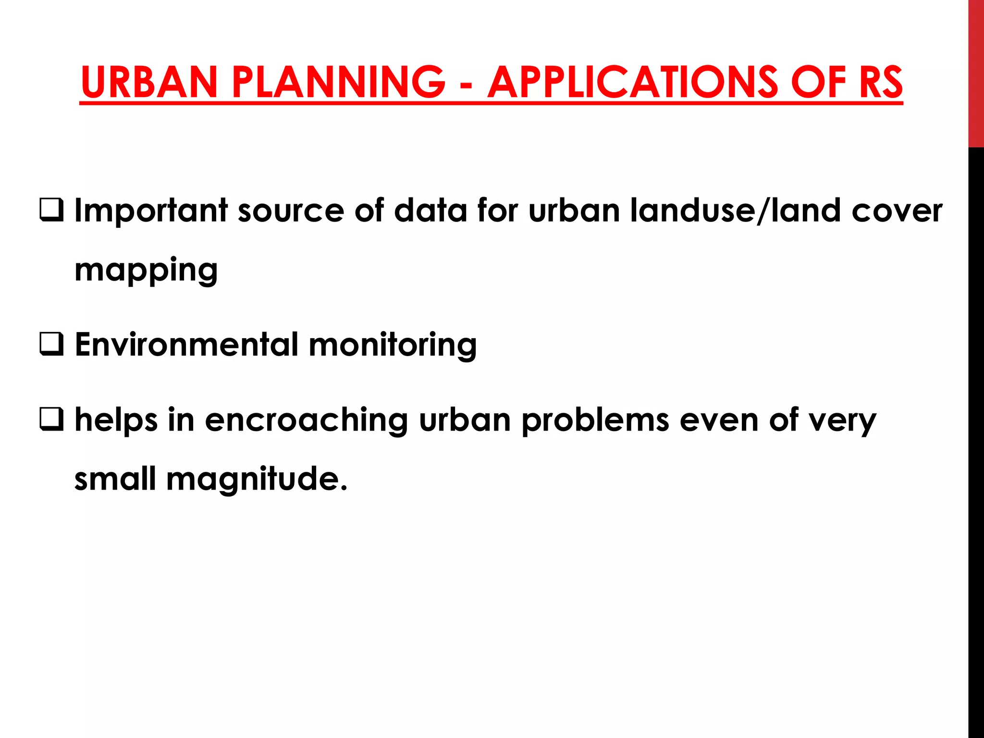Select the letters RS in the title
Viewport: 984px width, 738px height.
tap(880, 82)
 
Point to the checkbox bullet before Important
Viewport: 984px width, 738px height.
tap(51, 210)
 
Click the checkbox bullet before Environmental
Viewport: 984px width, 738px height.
tap(51, 344)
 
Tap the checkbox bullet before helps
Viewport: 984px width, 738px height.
tap(51, 419)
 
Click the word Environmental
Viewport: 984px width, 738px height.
tap(186, 344)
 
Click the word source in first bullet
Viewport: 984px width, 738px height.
tap(291, 211)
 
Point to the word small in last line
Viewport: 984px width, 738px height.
tap(115, 479)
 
